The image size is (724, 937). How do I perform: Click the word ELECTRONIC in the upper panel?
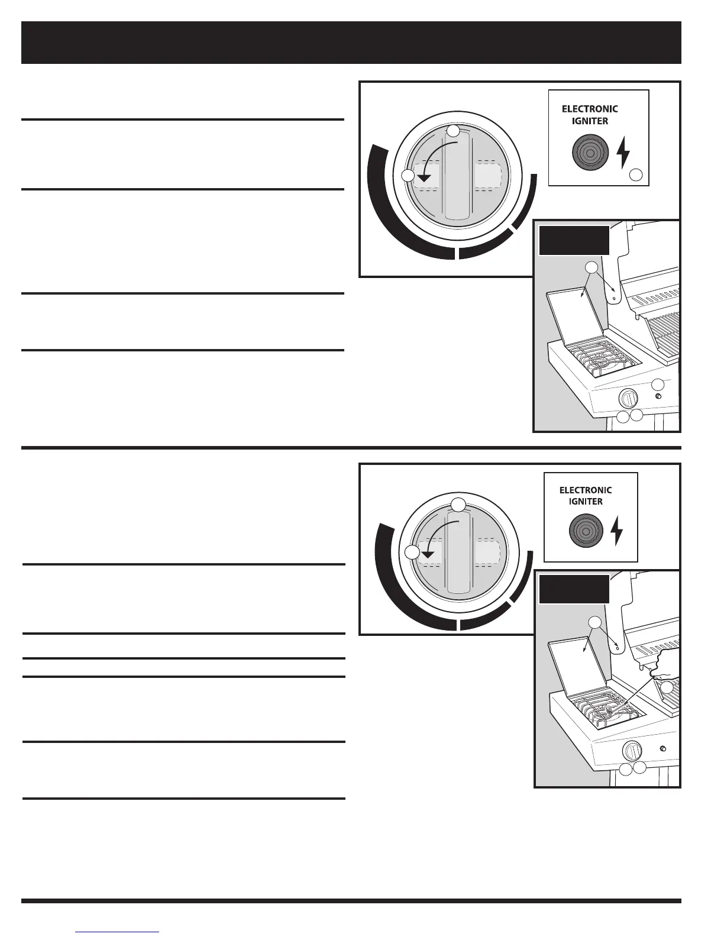(590, 109)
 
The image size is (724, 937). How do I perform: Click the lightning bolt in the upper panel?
(623, 153)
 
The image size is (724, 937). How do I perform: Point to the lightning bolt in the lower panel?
(616, 531)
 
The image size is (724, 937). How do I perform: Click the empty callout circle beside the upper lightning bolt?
(636, 175)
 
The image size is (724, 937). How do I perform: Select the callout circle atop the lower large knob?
(458, 505)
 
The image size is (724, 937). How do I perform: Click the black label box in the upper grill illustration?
(574, 240)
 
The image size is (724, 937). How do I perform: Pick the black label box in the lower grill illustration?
(574, 589)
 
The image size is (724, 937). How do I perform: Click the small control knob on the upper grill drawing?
(629, 398)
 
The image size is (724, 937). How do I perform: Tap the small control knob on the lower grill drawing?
(632, 751)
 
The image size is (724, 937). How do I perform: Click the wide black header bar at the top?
(351, 43)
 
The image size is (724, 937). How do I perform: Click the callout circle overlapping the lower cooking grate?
(667, 687)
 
